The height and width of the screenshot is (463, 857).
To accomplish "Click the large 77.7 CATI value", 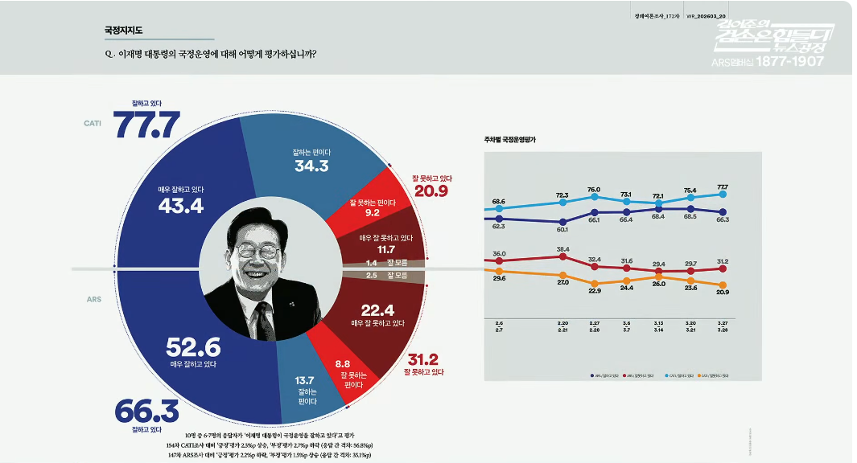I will click(x=146, y=125).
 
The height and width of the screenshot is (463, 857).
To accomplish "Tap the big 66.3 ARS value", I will click(x=146, y=411).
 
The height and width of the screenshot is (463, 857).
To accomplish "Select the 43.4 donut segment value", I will click(x=181, y=205).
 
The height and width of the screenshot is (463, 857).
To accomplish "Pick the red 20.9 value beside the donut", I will click(x=432, y=191).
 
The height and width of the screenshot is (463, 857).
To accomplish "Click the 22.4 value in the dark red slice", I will click(x=377, y=310).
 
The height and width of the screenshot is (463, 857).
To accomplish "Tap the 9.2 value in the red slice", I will click(x=372, y=214).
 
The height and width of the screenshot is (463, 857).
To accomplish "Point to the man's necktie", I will click(x=264, y=321).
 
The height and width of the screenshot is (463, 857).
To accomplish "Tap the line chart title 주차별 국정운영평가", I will click(x=510, y=140).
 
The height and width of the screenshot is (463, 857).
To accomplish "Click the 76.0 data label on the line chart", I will click(x=594, y=190).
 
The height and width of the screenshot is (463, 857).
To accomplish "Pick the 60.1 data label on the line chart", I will click(x=562, y=229).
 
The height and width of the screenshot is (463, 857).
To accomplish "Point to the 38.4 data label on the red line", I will click(x=562, y=249).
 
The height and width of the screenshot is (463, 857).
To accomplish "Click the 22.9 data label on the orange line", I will click(x=595, y=290).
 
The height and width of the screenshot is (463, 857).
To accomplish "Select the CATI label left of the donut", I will click(x=92, y=123).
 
